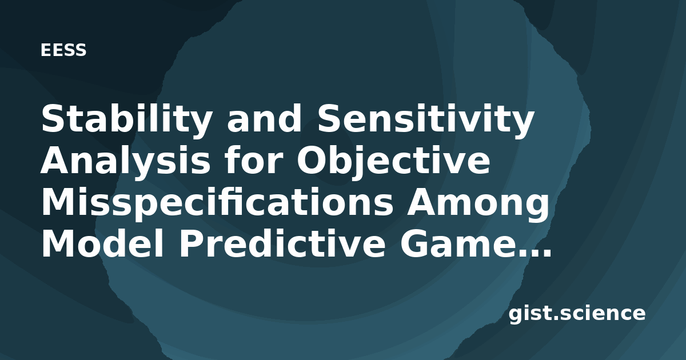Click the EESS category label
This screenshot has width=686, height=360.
[63, 50]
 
